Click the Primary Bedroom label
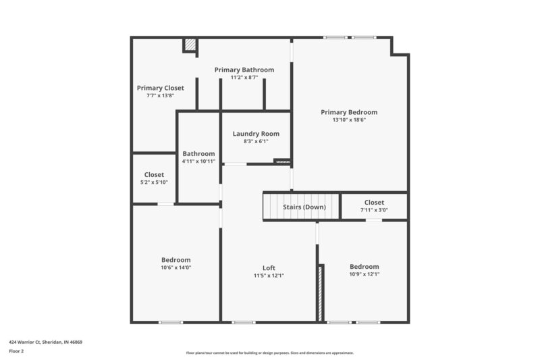point(349,112)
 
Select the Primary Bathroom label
point(244,70)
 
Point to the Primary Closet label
point(160,88)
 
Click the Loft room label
point(269,267)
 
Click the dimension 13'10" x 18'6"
point(349,121)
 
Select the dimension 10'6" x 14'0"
point(175,268)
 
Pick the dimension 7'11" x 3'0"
point(374,210)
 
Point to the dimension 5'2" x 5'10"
point(154,182)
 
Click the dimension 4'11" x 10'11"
point(198,161)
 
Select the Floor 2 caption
point(16,351)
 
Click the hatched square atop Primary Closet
point(191,45)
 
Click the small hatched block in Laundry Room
point(282,161)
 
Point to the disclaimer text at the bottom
point(269,353)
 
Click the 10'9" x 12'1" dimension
point(364,275)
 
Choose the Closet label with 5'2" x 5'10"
point(154,174)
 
